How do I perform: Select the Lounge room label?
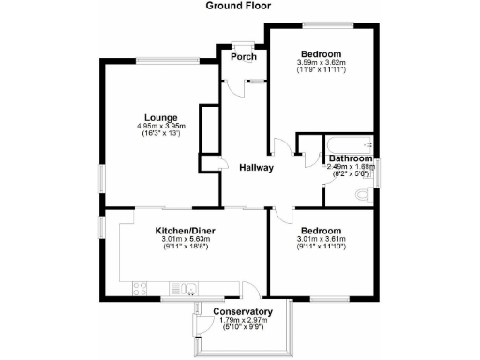click(161, 118)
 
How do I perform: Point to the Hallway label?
click(255, 169)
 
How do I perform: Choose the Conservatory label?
click(242, 311)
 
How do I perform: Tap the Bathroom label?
click(351, 159)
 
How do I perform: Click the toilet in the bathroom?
click(365, 196)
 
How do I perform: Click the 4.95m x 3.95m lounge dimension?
click(161, 127)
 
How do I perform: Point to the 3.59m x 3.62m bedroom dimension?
click(321, 62)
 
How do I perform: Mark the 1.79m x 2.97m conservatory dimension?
click(242, 321)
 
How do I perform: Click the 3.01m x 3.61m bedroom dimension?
click(321, 240)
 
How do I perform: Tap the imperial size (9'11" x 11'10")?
click(321, 248)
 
